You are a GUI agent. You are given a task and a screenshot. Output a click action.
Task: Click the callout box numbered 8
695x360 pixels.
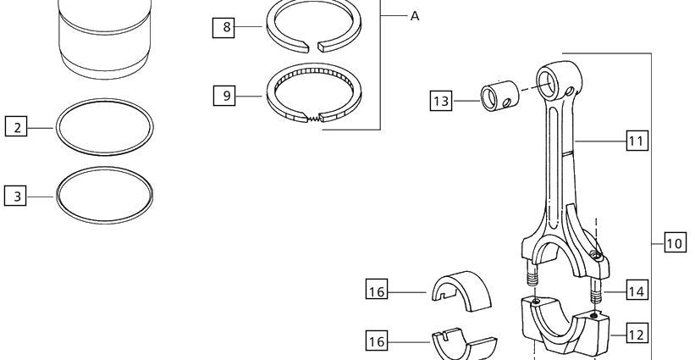(x=223, y=27)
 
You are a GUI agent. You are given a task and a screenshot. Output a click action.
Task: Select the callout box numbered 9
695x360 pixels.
(x=224, y=96)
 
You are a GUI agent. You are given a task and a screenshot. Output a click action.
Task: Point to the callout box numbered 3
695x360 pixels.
(x=15, y=195)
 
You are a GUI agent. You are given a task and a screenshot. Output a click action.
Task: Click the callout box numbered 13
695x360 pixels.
(x=441, y=100)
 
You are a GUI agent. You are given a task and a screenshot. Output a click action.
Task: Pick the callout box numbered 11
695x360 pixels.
(x=637, y=140)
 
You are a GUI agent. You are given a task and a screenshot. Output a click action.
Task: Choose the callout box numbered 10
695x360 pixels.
(x=676, y=242)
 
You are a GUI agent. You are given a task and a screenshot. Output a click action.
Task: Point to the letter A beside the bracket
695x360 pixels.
(x=415, y=16)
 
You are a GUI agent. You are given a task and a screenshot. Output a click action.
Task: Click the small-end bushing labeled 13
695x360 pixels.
(x=500, y=96)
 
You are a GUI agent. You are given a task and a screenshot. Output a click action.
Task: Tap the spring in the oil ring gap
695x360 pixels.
(x=313, y=119)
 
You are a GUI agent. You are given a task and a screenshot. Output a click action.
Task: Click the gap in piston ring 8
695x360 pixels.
(x=313, y=46)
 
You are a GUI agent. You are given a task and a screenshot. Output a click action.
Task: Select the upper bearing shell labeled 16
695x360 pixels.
(x=462, y=291)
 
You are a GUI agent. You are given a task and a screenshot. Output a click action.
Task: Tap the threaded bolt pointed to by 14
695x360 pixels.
(x=596, y=291)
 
